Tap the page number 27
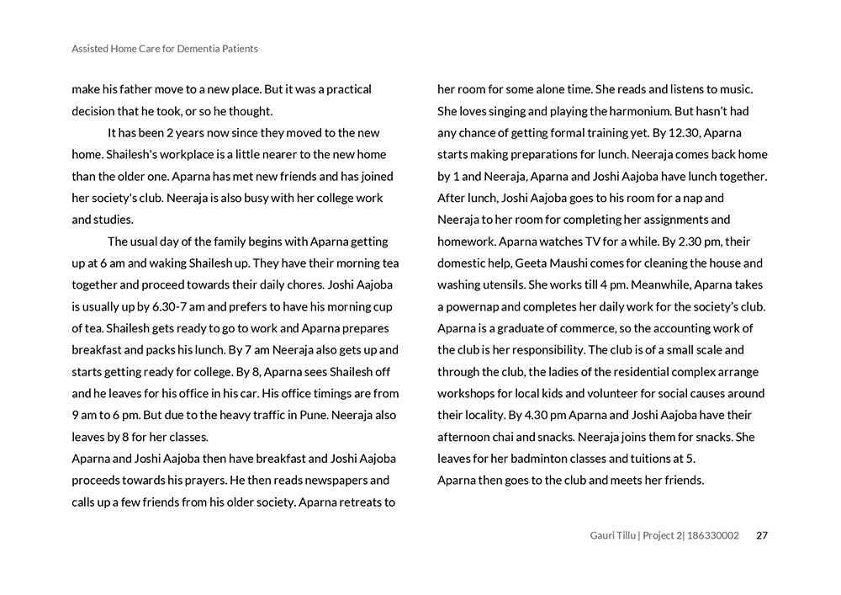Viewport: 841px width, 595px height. [762, 535]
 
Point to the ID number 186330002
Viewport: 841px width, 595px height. [714, 535]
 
